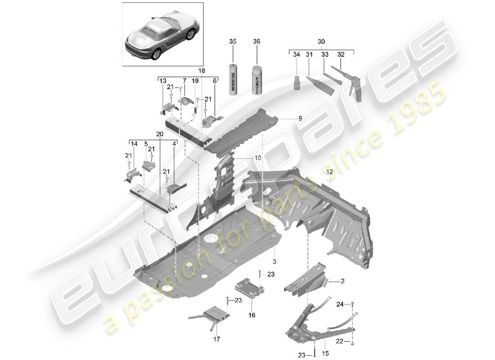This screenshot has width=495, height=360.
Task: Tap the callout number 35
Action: coord(233,41)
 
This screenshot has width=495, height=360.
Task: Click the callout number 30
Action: coord(321,41)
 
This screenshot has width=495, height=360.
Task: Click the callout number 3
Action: coord(273,261)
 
